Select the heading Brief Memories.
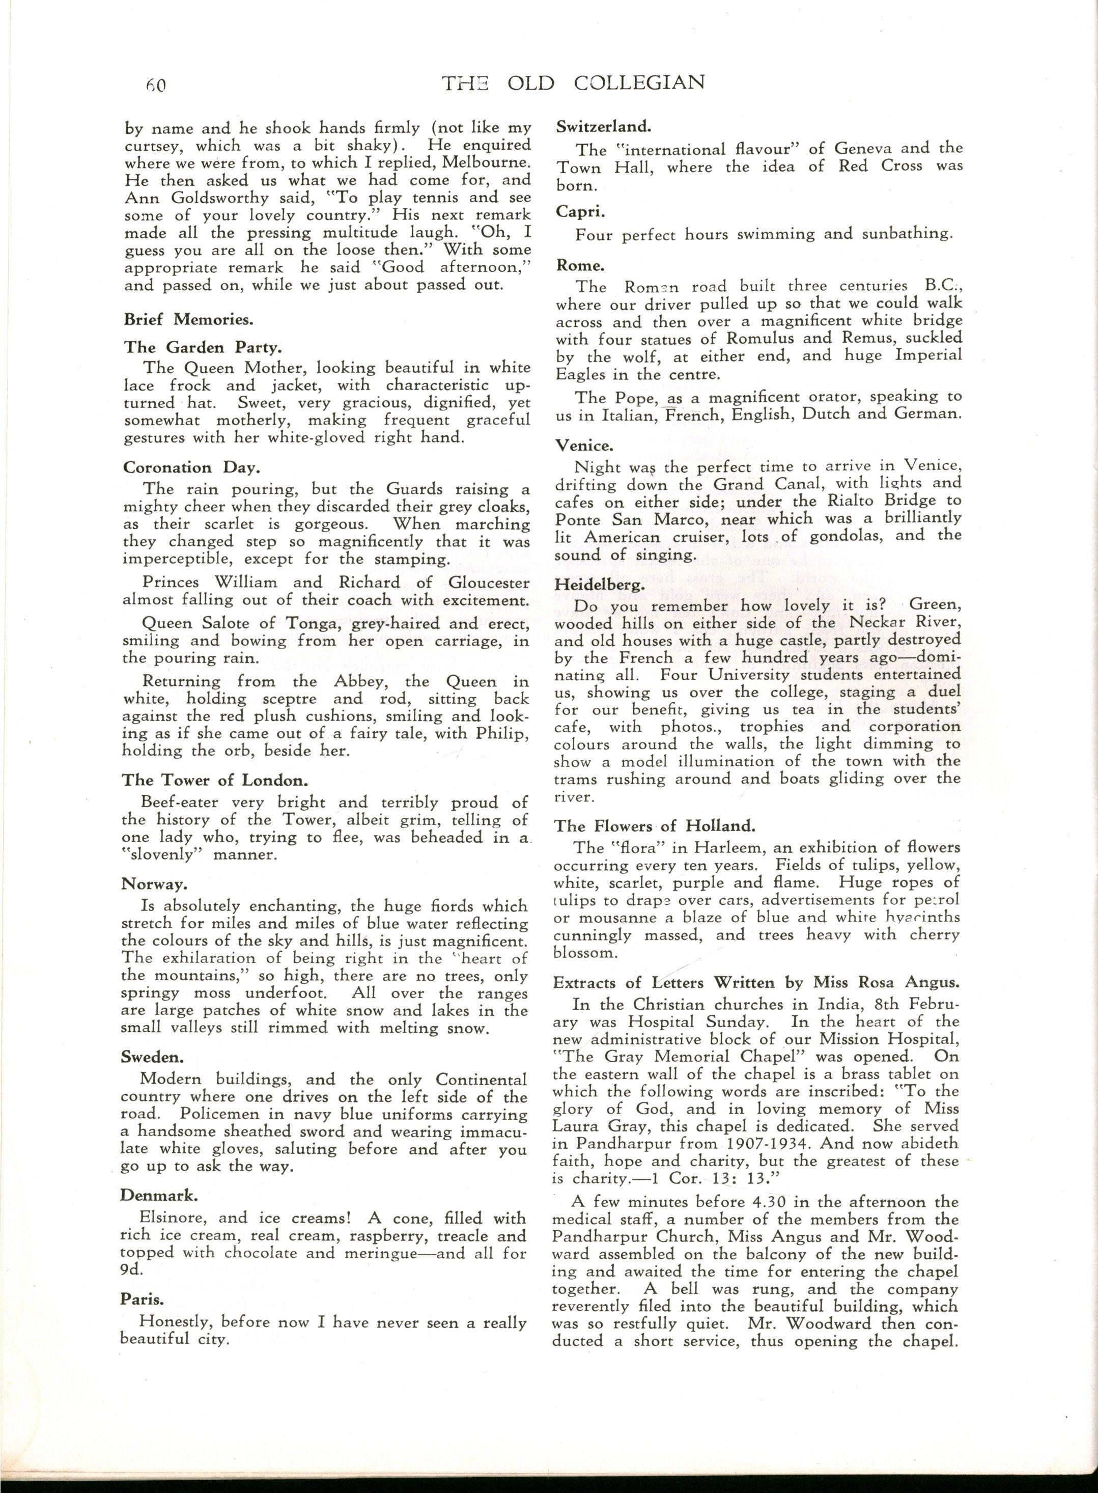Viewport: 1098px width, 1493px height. tap(189, 319)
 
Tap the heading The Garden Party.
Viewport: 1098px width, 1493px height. tap(203, 347)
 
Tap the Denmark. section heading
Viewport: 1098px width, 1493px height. tap(158, 1196)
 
